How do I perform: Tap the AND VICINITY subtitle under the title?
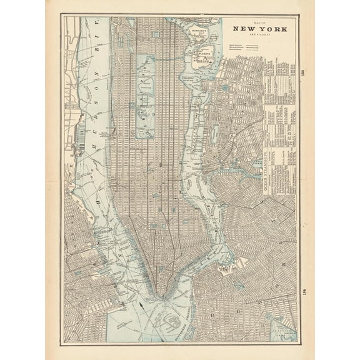coord(250,36)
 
